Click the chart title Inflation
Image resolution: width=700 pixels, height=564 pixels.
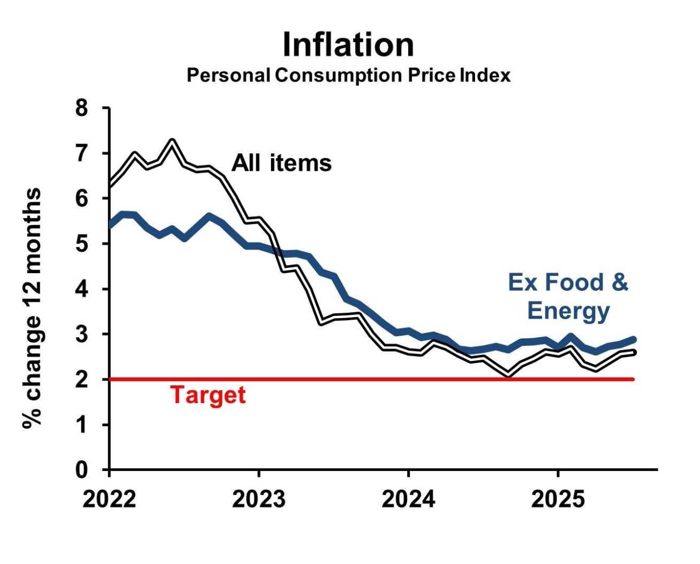(348, 45)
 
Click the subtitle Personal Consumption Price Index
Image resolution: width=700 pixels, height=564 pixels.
(348, 76)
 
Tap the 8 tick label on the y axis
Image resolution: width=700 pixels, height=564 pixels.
(82, 109)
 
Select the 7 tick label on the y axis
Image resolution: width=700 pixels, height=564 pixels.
(82, 154)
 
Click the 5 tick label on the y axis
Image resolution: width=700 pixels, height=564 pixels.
(82, 244)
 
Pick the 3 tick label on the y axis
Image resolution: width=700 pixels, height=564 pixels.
(82, 334)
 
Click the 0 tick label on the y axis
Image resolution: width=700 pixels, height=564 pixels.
(82, 470)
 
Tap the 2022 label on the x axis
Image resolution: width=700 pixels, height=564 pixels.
(109, 499)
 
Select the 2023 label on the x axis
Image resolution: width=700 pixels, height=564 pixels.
(258, 499)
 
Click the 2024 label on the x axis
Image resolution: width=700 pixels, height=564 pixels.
(408, 499)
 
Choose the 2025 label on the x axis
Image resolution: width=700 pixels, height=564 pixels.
(557, 499)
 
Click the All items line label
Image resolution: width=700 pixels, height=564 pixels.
(281, 163)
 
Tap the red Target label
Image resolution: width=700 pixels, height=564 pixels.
(208, 395)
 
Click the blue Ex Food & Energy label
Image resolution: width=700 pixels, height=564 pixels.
(568, 296)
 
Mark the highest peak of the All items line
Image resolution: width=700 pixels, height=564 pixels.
(172, 140)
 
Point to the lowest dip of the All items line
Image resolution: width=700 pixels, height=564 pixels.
(507, 374)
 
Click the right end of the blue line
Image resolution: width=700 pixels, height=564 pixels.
(633, 339)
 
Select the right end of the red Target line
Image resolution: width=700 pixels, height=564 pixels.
(633, 379)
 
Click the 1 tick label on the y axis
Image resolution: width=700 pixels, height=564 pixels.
(82, 425)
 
